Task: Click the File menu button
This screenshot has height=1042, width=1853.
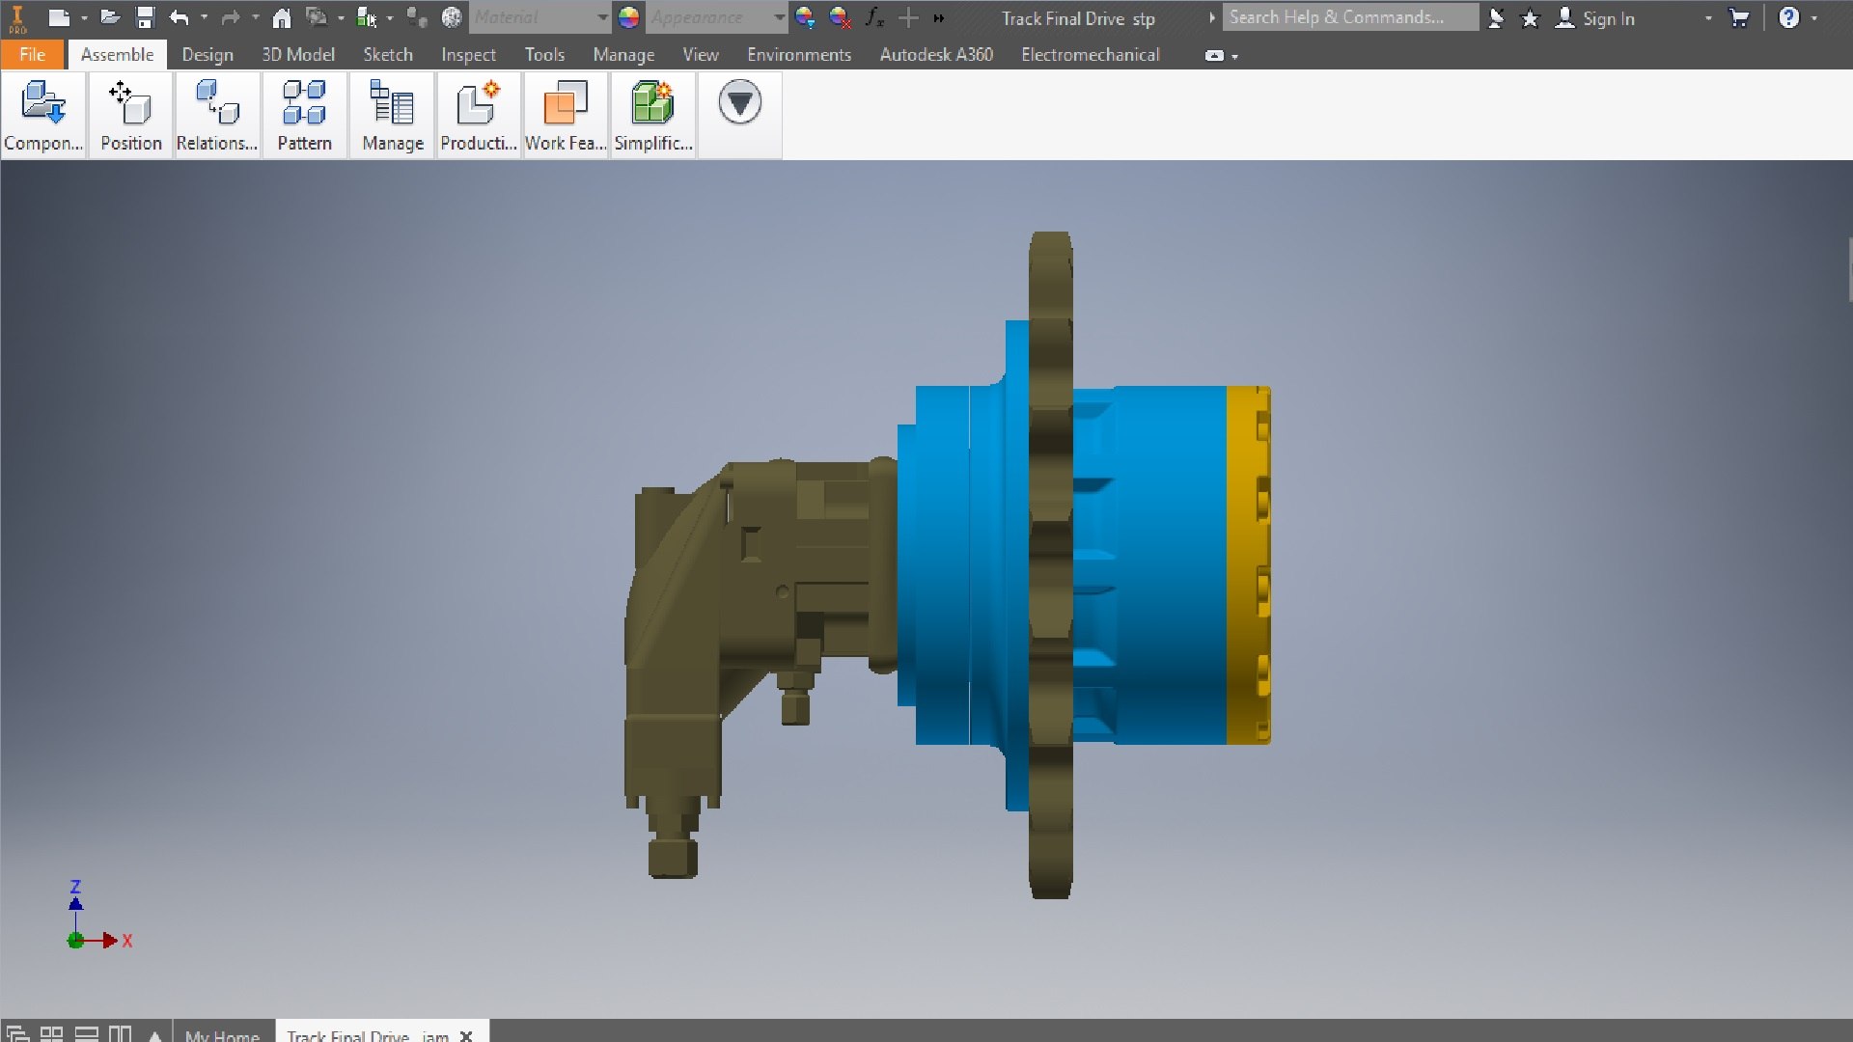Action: click(32, 55)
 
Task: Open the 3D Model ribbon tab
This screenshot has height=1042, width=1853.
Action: click(297, 55)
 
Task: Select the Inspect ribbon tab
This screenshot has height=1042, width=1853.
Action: click(468, 55)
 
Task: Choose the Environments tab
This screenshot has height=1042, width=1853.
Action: click(798, 55)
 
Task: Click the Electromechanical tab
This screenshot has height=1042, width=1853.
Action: click(1090, 55)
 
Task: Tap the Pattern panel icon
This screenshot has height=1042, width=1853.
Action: click(304, 103)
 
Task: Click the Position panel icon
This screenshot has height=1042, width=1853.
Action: click(130, 103)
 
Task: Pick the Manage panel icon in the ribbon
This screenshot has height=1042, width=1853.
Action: click(392, 103)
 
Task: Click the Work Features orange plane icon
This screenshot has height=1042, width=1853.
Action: click(565, 103)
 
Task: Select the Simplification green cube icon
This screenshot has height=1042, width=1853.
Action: click(652, 103)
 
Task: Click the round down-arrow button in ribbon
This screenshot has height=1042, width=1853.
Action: click(739, 102)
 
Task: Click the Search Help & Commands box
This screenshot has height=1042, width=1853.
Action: click(1348, 17)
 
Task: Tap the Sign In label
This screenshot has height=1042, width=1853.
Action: click(1608, 18)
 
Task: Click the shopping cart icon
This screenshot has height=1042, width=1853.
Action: click(1738, 18)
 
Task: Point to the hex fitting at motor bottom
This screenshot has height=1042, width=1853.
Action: click(673, 856)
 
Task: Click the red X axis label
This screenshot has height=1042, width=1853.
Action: click(127, 941)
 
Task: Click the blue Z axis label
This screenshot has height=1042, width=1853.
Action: click(75, 887)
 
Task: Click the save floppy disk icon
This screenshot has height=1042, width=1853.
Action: click(145, 17)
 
